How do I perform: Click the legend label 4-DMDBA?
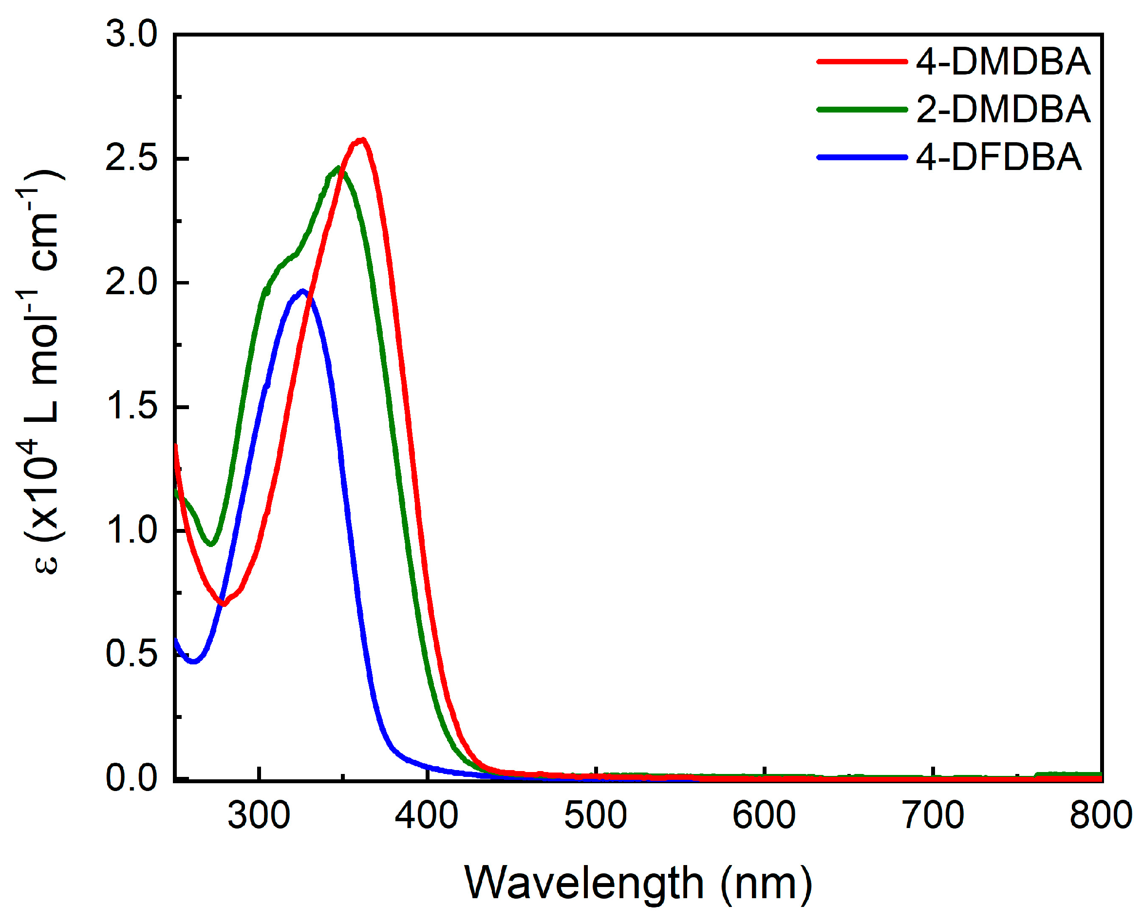(1003, 62)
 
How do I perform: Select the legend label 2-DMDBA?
(1003, 110)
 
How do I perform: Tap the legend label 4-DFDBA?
(998, 157)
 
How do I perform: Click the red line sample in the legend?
(861, 62)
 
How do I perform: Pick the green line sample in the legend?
(861, 110)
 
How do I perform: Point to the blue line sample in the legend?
(861, 157)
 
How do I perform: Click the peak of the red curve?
(362, 140)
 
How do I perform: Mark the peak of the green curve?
(338, 169)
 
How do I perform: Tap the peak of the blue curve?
(303, 291)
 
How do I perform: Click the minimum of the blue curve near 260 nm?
(194, 661)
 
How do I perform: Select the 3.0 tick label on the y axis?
(131, 35)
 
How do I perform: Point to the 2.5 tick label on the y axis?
(131, 159)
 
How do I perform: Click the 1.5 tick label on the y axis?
(131, 407)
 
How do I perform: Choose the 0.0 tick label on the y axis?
(131, 777)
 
